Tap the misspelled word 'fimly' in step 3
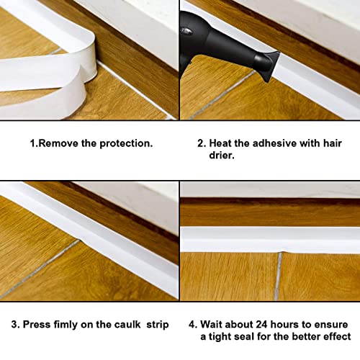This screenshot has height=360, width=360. point(60,325)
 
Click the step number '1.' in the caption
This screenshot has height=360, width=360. point(32,143)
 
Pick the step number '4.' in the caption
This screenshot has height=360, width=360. point(193,325)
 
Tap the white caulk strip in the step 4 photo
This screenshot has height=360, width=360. point(270,240)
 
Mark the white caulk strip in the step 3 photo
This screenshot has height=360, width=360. point(94,230)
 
